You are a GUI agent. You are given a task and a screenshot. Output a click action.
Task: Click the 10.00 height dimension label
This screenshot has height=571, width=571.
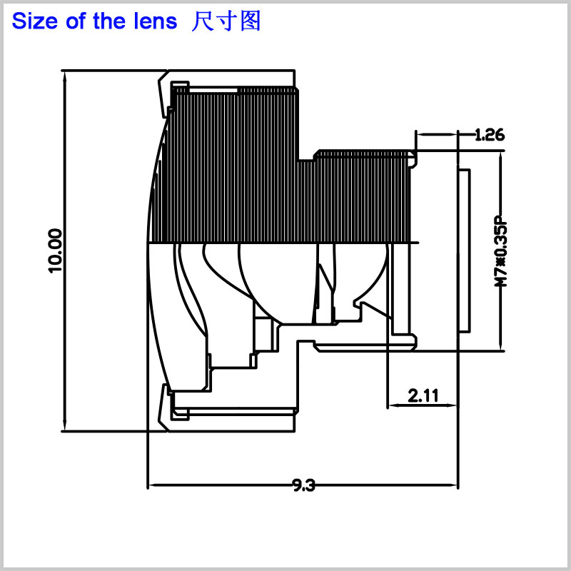click(x=55, y=251)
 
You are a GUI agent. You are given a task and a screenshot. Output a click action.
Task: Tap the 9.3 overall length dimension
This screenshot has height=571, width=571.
click(x=304, y=485)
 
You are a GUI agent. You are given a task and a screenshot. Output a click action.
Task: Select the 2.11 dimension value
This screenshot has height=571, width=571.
click(x=423, y=395)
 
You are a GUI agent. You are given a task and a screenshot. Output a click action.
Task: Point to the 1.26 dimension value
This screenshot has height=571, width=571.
click(x=490, y=134)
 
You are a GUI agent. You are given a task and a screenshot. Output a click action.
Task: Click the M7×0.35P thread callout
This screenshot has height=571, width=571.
click(x=501, y=252)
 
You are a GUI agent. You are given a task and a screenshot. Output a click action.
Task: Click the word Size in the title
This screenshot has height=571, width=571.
click(x=35, y=21)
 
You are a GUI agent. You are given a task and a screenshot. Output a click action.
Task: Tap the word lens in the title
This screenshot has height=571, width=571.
click(x=155, y=21)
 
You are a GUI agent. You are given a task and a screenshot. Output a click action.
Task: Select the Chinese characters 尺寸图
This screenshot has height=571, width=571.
click(x=226, y=21)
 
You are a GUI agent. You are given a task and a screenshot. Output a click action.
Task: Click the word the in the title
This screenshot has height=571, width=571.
click(x=109, y=21)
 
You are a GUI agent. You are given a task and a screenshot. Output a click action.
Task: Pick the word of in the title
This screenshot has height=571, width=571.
click(x=76, y=21)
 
